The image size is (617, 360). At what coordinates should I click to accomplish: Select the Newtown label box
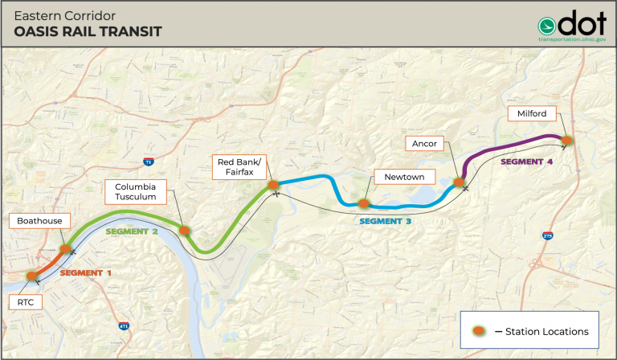[398, 177]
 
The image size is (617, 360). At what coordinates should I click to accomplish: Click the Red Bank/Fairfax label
[238, 166]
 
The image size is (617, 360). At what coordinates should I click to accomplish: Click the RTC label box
[27, 303]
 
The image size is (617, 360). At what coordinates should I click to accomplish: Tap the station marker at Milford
[566, 141]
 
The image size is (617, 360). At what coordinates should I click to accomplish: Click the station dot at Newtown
[363, 203]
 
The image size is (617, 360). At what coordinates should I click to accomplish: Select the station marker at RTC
[32, 276]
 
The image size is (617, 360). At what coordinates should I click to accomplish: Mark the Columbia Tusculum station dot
[185, 230]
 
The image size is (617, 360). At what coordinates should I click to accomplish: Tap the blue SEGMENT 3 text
[385, 220]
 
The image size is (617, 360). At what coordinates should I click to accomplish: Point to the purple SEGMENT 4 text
[527, 162]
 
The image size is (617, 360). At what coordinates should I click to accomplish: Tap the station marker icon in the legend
[477, 331]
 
